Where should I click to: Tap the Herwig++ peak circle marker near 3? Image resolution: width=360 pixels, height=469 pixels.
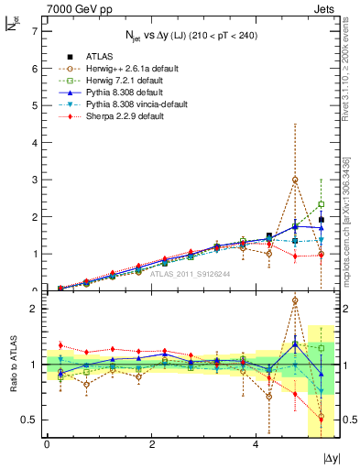(x=295, y=180)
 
